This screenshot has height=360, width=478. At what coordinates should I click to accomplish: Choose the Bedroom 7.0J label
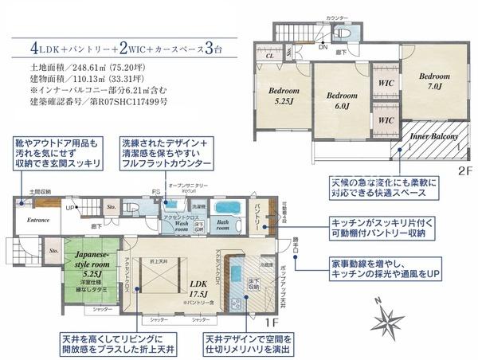pyautogui.click(x=435, y=80)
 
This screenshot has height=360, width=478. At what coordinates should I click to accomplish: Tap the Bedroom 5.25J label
pyautogui.click(x=283, y=96)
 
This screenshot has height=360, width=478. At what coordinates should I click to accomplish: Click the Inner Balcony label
pyautogui.click(x=434, y=137)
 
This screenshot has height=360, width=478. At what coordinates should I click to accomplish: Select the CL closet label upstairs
pyautogui.click(x=269, y=57)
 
